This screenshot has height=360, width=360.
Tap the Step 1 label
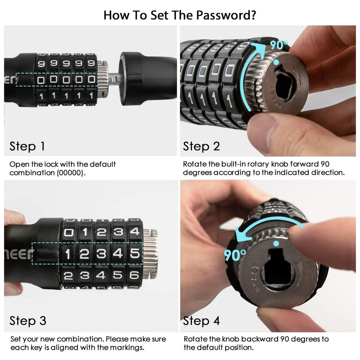pos(27,146)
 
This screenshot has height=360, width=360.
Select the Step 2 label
pos(201,146)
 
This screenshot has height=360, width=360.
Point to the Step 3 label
pos(28,321)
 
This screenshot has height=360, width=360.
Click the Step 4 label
pos(201,321)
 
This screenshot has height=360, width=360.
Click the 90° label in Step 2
pos(279,45)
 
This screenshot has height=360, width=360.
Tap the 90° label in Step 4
pos(234,255)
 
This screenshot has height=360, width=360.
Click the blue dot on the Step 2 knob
pos(276,62)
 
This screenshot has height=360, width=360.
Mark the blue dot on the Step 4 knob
pos(276,243)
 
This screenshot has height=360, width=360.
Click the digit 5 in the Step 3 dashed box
pos(135,253)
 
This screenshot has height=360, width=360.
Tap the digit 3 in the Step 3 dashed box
pos(101,254)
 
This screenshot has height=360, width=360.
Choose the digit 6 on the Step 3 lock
pos(135,275)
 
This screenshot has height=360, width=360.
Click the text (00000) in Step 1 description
pos(71,173)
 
